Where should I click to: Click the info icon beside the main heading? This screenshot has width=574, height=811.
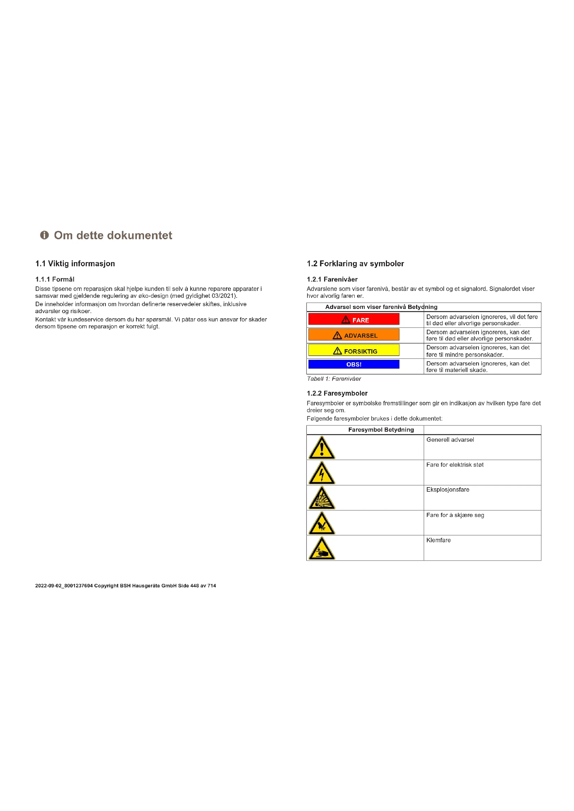pyautogui.click(x=44, y=235)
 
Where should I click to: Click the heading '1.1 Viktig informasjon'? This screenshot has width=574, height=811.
pyautogui.click(x=75, y=264)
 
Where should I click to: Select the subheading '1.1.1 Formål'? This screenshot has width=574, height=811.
pyautogui.click(x=55, y=279)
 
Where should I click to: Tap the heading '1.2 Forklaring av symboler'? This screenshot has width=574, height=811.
pyautogui.click(x=355, y=264)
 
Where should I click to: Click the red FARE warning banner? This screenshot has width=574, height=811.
pyautogui.click(x=354, y=319)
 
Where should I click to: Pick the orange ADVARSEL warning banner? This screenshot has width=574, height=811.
pyautogui.click(x=354, y=335)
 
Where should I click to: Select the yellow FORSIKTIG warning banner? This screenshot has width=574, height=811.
pyautogui.click(x=354, y=351)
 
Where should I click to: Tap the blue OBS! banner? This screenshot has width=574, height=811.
pyautogui.click(x=354, y=364)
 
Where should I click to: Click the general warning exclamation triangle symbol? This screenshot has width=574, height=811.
pyautogui.click(x=322, y=448)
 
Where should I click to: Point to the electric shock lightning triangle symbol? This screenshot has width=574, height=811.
pyautogui.click(x=322, y=473)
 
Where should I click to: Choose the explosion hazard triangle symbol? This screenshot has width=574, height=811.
pyautogui.click(x=322, y=498)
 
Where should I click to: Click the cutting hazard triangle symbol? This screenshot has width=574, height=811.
pyautogui.click(x=322, y=524)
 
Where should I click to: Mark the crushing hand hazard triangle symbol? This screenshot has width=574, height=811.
pyautogui.click(x=322, y=549)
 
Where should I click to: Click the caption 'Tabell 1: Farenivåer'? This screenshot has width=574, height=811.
pyautogui.click(x=334, y=379)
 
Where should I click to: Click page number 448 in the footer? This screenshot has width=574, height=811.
pyautogui.click(x=194, y=586)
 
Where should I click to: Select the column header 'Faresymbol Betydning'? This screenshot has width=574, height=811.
pyautogui.click(x=381, y=430)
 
